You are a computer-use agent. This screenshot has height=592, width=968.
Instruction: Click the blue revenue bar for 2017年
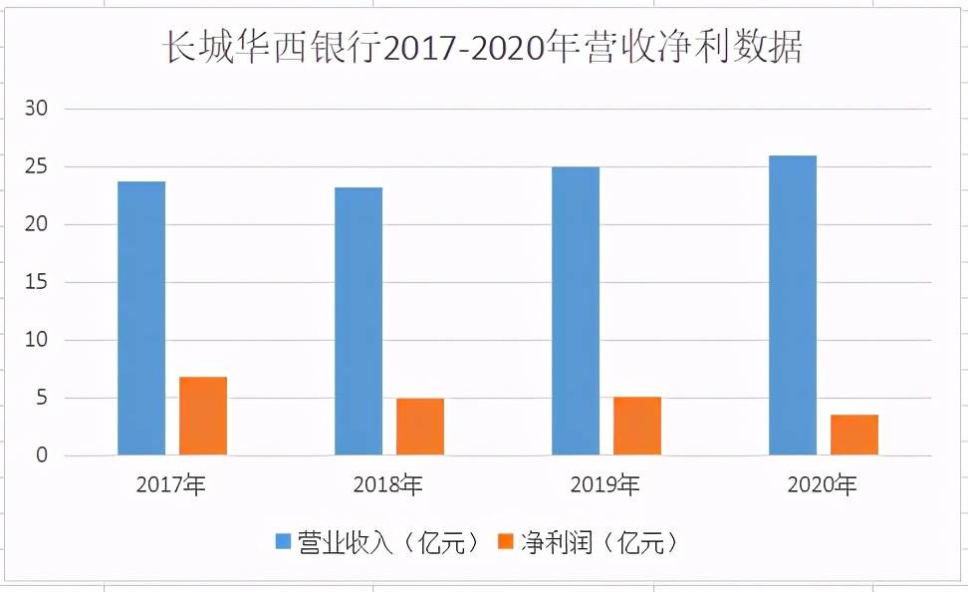coord(141,319)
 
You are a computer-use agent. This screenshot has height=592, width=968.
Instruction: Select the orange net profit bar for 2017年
coord(203,417)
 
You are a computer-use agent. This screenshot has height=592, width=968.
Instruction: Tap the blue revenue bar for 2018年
coord(359,322)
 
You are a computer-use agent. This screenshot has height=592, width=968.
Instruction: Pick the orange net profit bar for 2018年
coord(420,428)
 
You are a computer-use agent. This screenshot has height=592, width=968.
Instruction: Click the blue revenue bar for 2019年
coord(576,311)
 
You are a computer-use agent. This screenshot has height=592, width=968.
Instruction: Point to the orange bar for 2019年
coord(637,427)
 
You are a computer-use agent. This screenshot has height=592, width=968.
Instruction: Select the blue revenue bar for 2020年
coord(793,306)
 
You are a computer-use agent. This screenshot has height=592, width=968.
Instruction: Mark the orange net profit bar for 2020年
coord(854,436)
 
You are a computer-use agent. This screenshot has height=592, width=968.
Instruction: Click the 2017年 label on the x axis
coord(171,486)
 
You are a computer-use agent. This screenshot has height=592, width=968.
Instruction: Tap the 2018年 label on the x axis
coord(388,486)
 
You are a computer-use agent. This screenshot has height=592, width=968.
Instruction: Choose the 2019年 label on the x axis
coord(605,486)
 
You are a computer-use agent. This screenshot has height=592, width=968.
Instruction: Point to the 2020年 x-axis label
coord(823,486)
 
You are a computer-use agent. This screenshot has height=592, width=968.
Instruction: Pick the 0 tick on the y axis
coord(42,455)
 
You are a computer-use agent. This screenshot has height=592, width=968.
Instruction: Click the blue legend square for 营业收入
coord(284,543)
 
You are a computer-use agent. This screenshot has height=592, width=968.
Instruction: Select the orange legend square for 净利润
coord(505,543)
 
